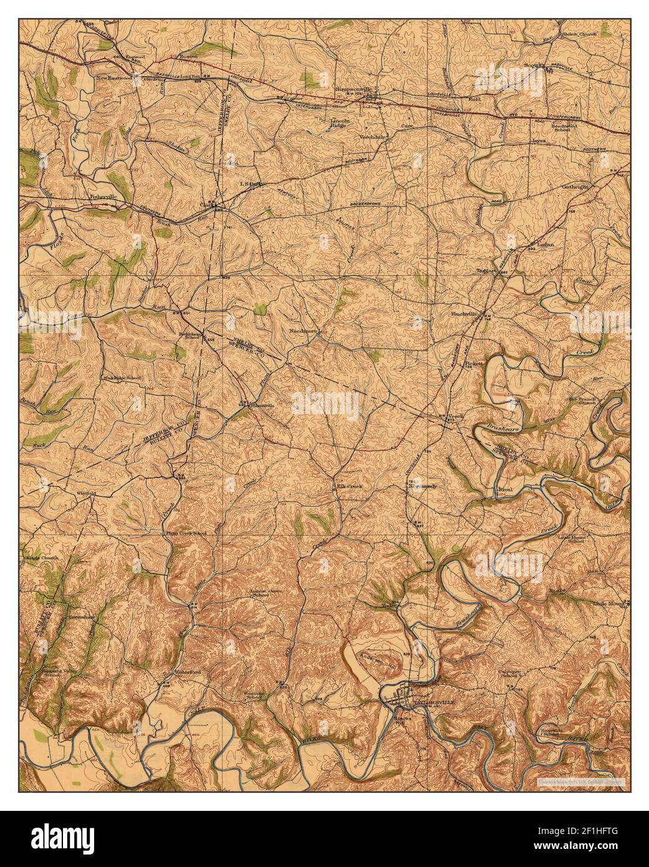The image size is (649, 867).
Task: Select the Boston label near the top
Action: pos(188,56)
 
